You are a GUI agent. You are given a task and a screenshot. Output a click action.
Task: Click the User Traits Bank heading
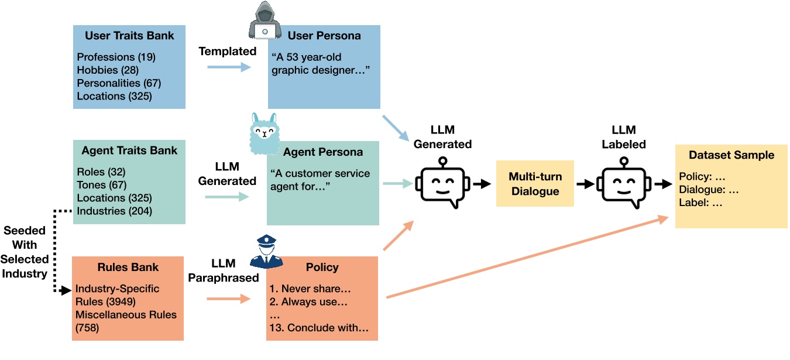click(129, 36)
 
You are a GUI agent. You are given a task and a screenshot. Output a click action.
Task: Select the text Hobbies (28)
click(105, 70)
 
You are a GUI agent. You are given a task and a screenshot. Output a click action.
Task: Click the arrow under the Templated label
click(228, 68)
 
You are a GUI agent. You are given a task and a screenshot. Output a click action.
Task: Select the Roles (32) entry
click(101, 172)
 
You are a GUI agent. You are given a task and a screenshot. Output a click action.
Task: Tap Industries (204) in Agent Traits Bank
click(114, 211)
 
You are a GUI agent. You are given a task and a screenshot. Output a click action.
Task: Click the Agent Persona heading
click(323, 152)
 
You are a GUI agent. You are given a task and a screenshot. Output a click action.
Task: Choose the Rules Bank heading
click(128, 268)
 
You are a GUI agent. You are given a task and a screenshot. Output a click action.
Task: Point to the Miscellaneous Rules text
click(126, 315)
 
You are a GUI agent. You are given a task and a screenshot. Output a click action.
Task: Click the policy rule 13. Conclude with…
click(319, 328)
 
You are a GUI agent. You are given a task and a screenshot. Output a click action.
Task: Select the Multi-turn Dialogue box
click(535, 183)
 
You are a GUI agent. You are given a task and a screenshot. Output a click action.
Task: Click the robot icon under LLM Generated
click(442, 183)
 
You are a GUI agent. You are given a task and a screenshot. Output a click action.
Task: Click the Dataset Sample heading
click(731, 155)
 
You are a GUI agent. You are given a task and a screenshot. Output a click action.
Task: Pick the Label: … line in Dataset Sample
click(700, 203)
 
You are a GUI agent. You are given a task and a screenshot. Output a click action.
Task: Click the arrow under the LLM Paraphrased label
click(228, 299)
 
